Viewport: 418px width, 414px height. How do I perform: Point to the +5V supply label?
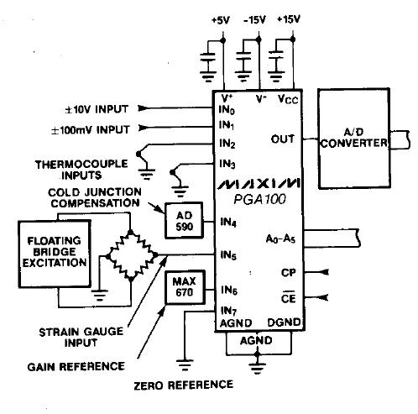point(221,20)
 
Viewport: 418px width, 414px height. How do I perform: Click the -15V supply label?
point(254,20)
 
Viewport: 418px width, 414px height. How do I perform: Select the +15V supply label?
point(289,19)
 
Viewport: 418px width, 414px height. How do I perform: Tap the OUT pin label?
point(283,139)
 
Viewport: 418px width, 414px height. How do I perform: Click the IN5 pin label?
point(228,255)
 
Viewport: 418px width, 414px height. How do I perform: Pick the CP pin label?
point(288,272)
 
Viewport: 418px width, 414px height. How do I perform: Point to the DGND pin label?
point(284,322)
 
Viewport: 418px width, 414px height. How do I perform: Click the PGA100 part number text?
point(260,199)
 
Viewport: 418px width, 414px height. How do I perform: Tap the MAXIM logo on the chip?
point(259,183)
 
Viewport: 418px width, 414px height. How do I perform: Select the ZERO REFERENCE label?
point(184,385)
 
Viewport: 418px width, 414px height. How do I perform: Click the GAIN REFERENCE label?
point(76,367)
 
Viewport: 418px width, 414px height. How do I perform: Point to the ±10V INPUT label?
point(97,109)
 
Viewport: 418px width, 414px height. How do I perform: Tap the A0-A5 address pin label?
point(280,239)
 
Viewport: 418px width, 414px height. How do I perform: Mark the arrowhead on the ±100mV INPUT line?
point(144,128)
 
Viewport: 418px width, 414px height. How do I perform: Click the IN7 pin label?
point(228,311)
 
